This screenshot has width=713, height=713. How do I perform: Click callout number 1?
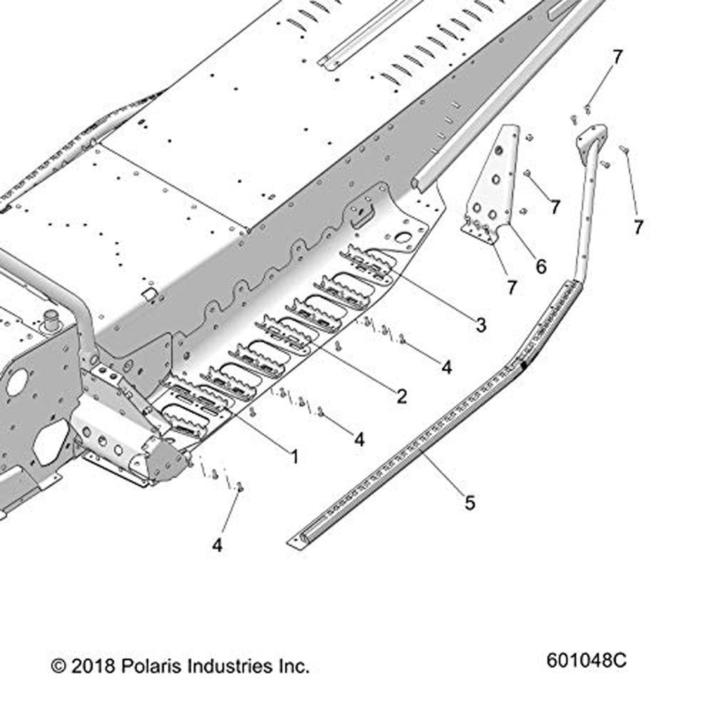pyautogui.click(x=294, y=456)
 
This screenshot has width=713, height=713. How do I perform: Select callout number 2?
pyautogui.click(x=401, y=396)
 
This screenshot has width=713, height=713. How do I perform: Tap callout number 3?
pyautogui.click(x=481, y=325)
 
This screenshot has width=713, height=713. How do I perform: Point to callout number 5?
pyautogui.click(x=470, y=503)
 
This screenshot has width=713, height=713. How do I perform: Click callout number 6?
pyautogui.click(x=540, y=267)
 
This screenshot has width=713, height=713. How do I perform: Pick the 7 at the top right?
pyautogui.click(x=617, y=58)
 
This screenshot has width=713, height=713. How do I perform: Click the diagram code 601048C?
pyautogui.click(x=587, y=660)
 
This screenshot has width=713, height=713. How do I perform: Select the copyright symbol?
pyautogui.click(x=58, y=667)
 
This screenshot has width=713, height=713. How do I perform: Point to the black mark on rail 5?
pyautogui.click(x=524, y=364)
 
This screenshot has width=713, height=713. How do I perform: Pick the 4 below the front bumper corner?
pyautogui.click(x=217, y=545)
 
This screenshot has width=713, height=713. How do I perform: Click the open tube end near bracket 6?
pyautogui.click(x=416, y=183)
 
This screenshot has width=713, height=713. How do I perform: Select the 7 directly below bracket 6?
pyautogui.click(x=513, y=287)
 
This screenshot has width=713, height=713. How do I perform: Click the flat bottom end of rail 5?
pyautogui.click(x=296, y=541)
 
